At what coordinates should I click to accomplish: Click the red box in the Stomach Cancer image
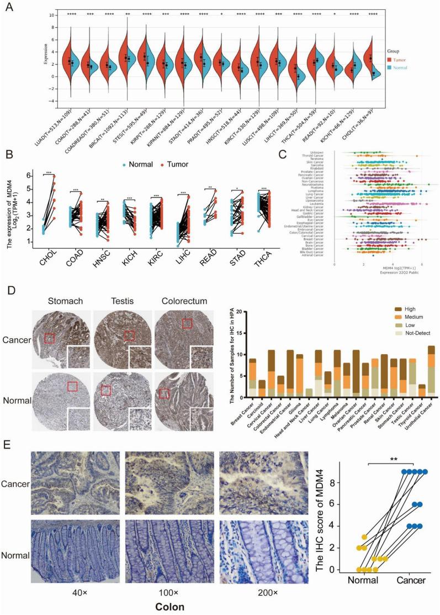[50, 338]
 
